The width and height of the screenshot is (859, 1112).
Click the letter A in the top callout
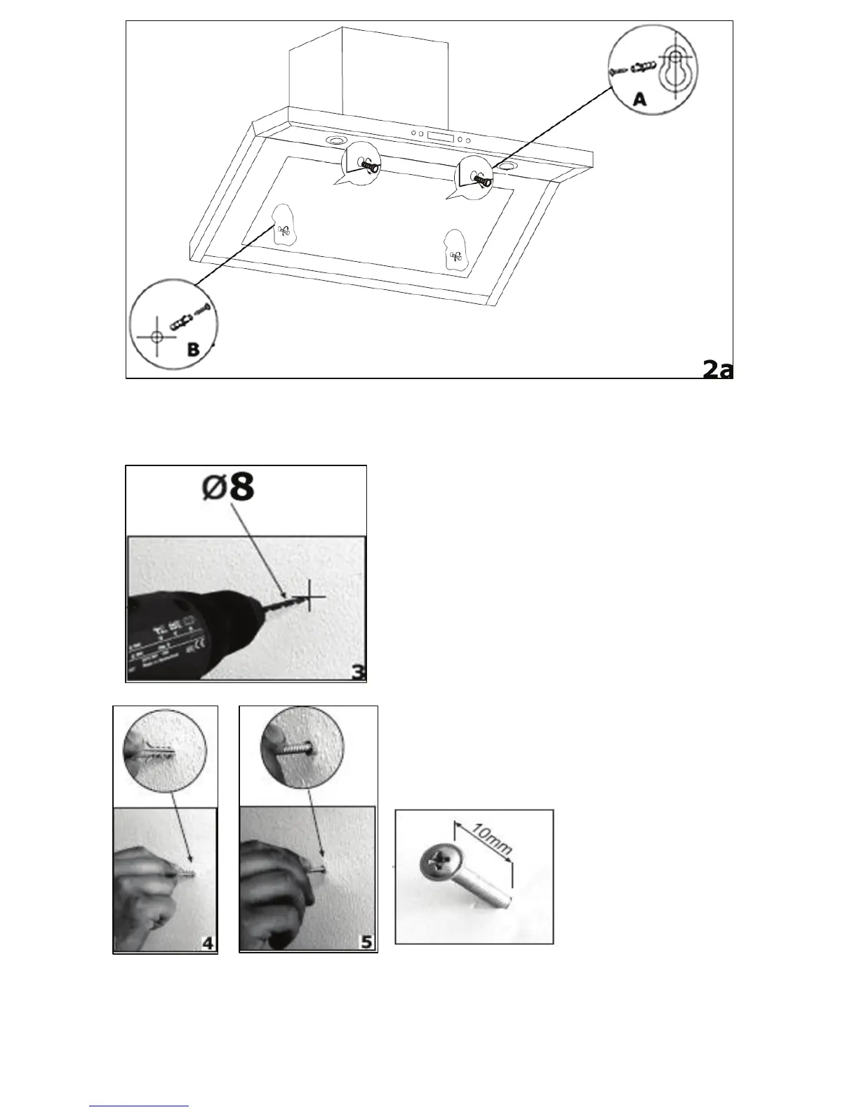pos(639,100)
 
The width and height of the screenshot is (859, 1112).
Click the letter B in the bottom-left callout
pos(193,349)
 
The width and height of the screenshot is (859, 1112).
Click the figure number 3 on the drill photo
pos(358,672)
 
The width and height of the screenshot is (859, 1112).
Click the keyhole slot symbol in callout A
pos(674,68)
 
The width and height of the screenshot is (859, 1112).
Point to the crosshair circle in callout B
pos(156,337)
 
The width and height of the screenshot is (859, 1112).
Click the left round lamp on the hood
pos(335,141)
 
